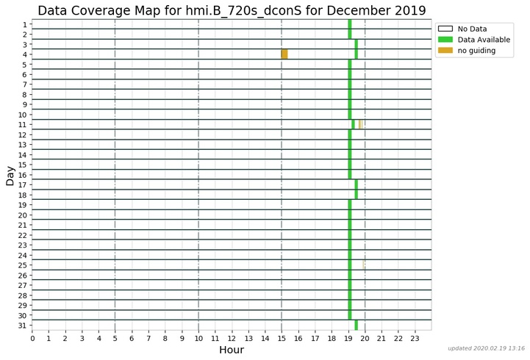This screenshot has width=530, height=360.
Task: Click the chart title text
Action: [x=232, y=10]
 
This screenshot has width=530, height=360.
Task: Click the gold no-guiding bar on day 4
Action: [x=284, y=54]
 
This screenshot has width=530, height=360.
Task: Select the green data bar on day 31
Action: [x=357, y=325]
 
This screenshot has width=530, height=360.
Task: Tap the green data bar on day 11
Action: [x=354, y=124]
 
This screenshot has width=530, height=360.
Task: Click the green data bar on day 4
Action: [x=357, y=54]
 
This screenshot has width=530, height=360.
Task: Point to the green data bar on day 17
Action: [x=357, y=184]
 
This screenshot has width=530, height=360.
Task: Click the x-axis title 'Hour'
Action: [x=232, y=350]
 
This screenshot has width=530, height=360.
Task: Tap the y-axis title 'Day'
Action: [x=10, y=175]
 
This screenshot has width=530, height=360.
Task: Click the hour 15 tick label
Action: [x=282, y=339]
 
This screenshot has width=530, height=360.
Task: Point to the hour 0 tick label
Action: [x=32, y=339]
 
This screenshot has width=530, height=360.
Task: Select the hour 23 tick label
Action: [x=415, y=339]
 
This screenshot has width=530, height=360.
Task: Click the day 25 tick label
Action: [x=23, y=265]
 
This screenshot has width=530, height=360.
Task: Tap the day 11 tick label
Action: [x=23, y=125]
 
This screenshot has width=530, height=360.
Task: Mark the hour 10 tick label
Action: [x=198, y=339]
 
